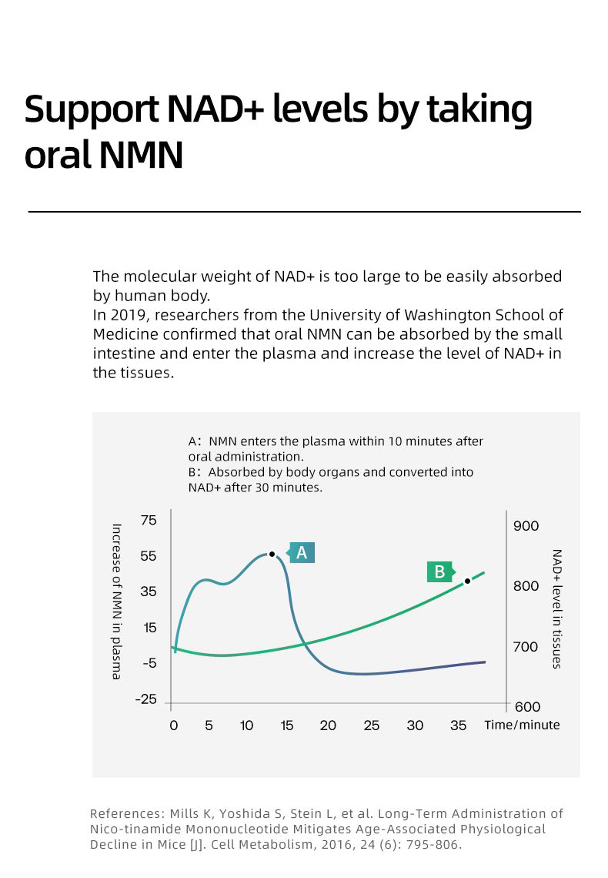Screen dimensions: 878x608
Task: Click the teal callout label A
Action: coord(302,552)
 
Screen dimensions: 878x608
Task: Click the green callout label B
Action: coord(439,571)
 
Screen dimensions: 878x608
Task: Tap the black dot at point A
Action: coord(272,554)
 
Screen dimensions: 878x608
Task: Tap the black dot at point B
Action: coord(467,581)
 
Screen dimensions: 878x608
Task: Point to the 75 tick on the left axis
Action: coord(147,520)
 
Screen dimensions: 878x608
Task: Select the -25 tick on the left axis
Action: coord(145,699)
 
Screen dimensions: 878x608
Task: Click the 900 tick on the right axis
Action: coord(526,526)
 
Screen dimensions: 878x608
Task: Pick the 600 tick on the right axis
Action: coord(526,706)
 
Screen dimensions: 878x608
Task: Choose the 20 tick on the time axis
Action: coord(328,726)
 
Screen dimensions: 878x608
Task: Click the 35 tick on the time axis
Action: coord(458,726)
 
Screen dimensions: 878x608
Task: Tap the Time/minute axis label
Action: coord(522,726)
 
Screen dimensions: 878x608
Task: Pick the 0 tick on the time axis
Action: coord(173,726)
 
